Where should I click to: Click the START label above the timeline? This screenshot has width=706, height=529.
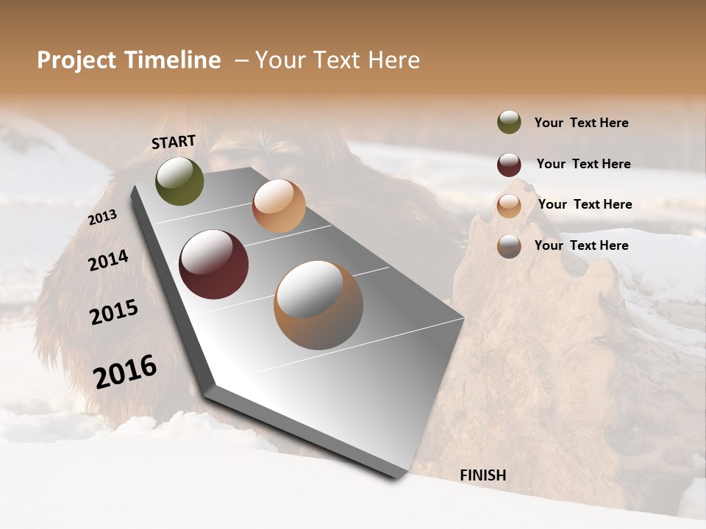(x=174, y=142)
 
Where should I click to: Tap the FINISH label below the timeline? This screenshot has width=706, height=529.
(x=482, y=475)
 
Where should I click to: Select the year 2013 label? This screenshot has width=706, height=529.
(x=102, y=217)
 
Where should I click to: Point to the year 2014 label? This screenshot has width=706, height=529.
(x=108, y=260)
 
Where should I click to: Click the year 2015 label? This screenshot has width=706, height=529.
(x=114, y=312)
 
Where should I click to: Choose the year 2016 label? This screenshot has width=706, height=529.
(x=125, y=371)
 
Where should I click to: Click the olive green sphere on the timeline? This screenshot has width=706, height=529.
(x=179, y=181)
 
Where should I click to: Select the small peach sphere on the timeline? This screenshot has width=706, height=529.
(x=279, y=206)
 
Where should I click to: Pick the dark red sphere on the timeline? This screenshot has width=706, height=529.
(x=213, y=264)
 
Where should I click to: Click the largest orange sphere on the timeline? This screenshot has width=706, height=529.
(x=318, y=304)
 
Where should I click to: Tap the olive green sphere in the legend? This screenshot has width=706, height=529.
(x=509, y=122)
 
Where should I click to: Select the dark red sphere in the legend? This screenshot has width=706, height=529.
(x=509, y=165)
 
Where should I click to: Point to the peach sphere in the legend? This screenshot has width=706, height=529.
(x=509, y=206)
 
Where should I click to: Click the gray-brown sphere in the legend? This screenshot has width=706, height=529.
(x=509, y=246)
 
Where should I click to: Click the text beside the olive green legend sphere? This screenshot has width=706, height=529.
(x=581, y=123)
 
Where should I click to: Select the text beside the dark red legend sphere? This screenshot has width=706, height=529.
(x=583, y=164)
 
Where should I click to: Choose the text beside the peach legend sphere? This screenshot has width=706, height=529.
(x=585, y=204)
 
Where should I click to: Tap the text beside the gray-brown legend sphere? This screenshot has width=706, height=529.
(x=581, y=245)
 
